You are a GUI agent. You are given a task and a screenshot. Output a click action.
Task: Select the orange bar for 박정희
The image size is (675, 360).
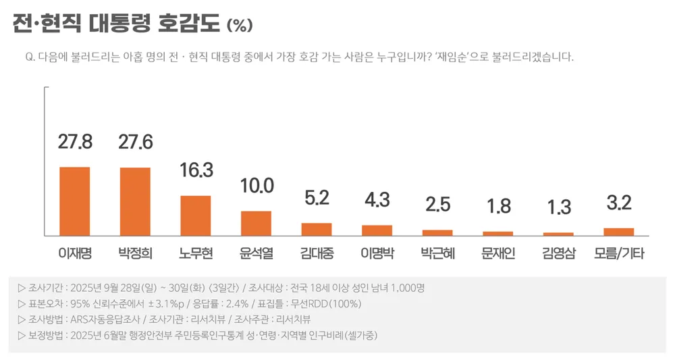point(135,201)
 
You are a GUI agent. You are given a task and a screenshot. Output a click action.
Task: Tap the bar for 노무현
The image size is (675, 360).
point(196,215)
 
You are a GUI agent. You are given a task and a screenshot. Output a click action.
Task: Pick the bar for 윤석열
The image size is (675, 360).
point(256,223)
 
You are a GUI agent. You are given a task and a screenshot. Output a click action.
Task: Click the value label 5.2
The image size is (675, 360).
point(316,199)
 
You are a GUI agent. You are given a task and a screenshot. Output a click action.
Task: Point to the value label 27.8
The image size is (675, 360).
point(75,143)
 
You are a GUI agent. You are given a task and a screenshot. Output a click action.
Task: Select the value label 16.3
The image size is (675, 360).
point(196,172)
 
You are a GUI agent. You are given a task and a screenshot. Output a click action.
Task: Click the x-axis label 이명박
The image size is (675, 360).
point(377,254)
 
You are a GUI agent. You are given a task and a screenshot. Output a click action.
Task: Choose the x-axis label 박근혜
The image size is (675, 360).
point(437,254)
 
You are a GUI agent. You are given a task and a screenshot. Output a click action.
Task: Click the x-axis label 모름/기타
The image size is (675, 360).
point(619,254)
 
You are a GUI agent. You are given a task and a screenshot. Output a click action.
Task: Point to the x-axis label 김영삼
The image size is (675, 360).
point(558,254)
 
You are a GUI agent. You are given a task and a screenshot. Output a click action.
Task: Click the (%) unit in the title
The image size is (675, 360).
point(240,26)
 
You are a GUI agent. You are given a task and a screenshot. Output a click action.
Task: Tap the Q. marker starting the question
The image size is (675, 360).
point(30,57)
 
